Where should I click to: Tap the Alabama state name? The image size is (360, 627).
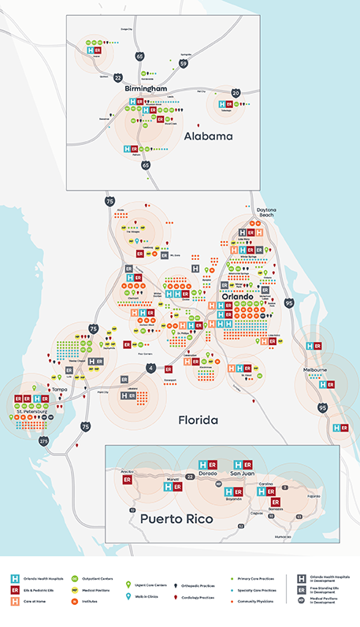[x=208, y=136]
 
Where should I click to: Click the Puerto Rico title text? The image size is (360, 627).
[x=180, y=519]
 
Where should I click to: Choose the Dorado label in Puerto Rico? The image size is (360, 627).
[x=207, y=474]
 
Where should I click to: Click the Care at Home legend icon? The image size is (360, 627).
[x=14, y=601]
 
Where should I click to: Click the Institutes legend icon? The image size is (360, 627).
[x=75, y=601]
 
